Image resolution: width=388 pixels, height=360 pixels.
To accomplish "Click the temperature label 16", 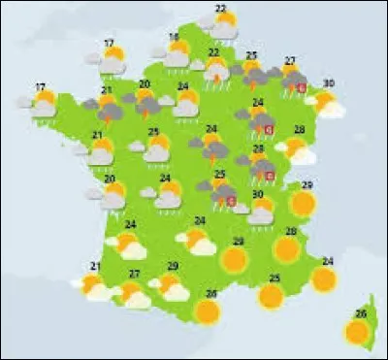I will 175,38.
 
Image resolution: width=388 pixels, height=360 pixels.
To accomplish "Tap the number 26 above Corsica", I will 361,313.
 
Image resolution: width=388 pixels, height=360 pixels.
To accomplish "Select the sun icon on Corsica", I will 358,333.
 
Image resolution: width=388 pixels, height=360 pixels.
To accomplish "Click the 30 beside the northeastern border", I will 329,83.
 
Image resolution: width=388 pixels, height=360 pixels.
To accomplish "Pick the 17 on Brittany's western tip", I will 41,87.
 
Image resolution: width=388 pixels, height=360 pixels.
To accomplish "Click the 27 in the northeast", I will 290,61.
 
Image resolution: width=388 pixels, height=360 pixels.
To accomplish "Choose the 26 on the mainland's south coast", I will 210,294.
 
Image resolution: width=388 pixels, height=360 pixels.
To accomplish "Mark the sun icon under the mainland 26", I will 207,311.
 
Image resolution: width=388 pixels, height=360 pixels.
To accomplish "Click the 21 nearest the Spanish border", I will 95,266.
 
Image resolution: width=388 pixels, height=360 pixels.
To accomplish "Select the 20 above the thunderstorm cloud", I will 145,84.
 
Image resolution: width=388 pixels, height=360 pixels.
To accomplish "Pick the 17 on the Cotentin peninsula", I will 110,43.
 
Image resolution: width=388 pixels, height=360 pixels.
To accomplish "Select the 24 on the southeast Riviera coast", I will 328,261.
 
